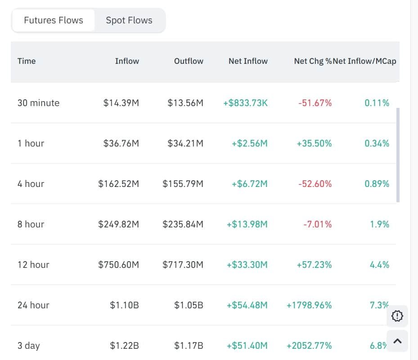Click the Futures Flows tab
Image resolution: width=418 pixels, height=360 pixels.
(53, 20)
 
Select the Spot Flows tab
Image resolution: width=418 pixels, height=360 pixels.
(129, 20)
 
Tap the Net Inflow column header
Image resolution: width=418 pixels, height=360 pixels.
(248, 61)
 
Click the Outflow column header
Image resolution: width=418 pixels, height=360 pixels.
(189, 61)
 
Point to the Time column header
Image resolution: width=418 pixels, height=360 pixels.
(27, 61)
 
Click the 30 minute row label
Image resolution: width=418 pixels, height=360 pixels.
(38, 103)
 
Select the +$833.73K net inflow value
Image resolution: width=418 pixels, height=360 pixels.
(245, 103)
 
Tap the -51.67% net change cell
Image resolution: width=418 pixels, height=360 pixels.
(315, 103)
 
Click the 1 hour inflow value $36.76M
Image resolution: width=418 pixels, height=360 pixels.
(121, 143)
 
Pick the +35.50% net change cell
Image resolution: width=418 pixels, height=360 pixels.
(314, 143)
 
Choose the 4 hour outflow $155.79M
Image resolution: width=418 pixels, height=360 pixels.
(183, 184)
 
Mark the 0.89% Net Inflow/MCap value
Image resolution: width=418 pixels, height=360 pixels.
(377, 184)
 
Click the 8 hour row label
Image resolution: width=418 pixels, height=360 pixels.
(31, 224)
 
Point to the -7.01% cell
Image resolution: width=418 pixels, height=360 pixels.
(318, 224)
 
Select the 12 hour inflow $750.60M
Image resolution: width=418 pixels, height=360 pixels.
(119, 265)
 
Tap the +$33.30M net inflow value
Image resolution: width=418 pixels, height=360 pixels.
(247, 265)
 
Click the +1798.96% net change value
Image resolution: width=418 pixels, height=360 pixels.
(309, 305)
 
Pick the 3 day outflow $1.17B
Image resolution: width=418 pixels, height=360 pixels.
(189, 346)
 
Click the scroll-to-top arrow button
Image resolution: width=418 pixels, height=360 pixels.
(397, 341)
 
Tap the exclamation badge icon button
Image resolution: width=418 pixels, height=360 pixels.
(397, 316)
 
